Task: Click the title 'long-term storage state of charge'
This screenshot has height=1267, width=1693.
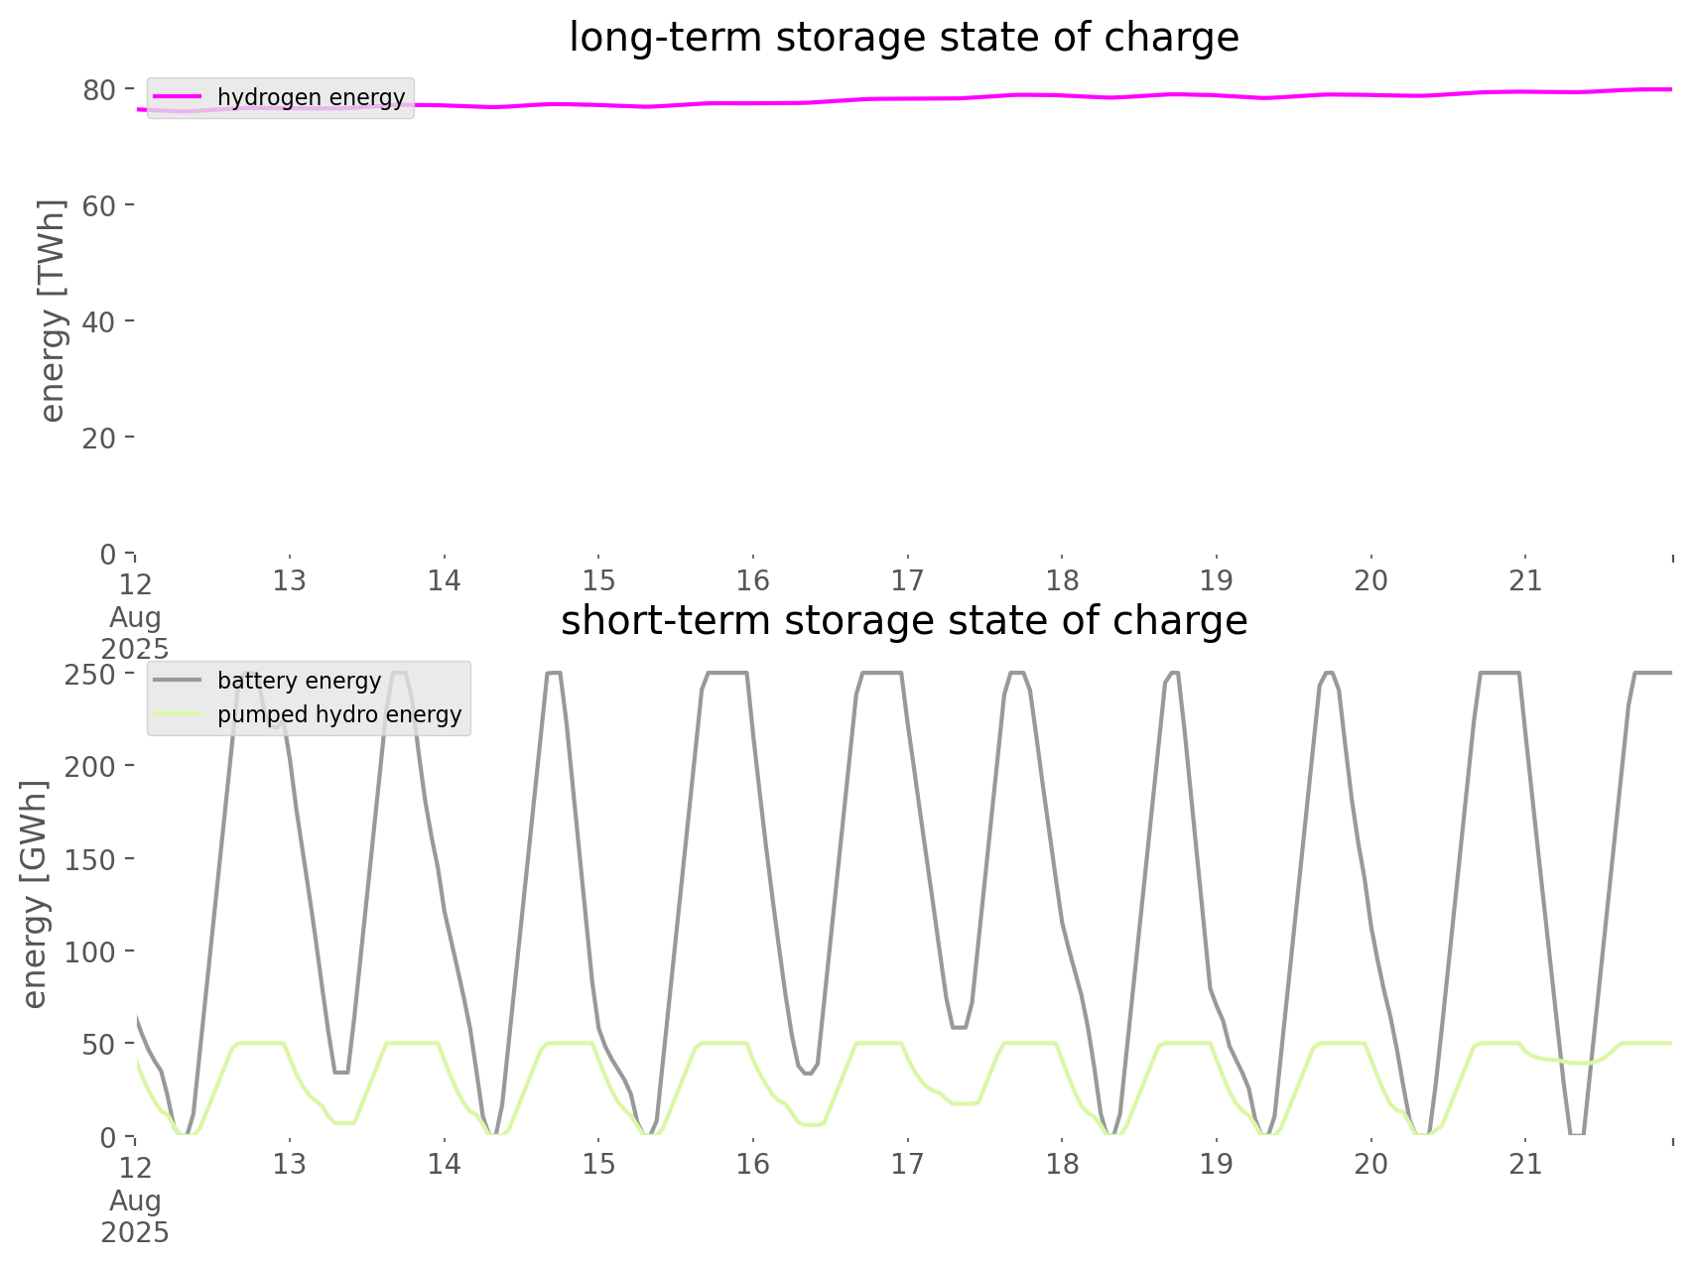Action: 903,38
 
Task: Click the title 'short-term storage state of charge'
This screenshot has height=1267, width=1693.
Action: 903,621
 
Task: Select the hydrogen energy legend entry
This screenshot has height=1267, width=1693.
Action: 311,97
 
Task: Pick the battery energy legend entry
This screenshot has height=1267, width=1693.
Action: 299,681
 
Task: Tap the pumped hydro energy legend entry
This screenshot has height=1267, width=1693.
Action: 339,714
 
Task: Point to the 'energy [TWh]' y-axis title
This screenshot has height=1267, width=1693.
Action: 53,311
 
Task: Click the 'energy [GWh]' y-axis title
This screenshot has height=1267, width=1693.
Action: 35,895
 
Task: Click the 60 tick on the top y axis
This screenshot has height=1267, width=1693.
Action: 100,205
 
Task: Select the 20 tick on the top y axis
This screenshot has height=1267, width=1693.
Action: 100,438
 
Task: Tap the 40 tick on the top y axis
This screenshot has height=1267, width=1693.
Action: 100,321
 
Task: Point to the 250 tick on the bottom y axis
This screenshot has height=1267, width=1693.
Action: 91,674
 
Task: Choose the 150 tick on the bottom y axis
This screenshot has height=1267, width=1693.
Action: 91,859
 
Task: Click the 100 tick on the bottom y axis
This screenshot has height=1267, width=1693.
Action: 91,951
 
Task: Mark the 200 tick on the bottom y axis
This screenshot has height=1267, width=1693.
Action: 91,766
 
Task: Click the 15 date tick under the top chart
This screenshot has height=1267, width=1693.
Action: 598,580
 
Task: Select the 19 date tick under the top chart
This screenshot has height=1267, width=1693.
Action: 1217,580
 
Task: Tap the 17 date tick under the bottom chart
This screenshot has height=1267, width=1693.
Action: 907,1164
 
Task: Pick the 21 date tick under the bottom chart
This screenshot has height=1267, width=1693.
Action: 1525,1164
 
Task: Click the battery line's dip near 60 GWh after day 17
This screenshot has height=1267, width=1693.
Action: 958,1027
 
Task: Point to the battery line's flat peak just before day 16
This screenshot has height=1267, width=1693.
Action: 727,674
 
